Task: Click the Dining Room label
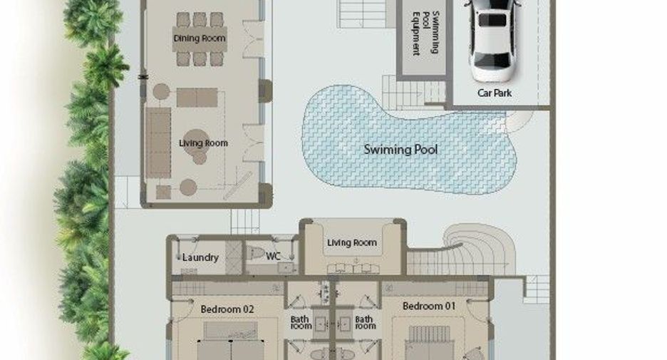(x=200, y=38)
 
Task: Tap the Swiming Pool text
(x=400, y=150)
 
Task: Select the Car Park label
(x=495, y=93)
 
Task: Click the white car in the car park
(x=492, y=38)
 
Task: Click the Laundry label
(x=200, y=257)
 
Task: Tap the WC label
(x=273, y=256)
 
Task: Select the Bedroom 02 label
(x=227, y=309)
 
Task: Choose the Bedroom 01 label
(x=429, y=306)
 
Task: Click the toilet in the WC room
(x=256, y=253)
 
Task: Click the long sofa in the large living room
(x=158, y=143)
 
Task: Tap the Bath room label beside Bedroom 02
(x=301, y=322)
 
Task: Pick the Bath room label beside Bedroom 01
(x=365, y=322)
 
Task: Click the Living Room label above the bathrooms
(x=352, y=242)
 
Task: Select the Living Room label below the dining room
(x=203, y=143)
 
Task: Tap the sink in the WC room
(x=286, y=267)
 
